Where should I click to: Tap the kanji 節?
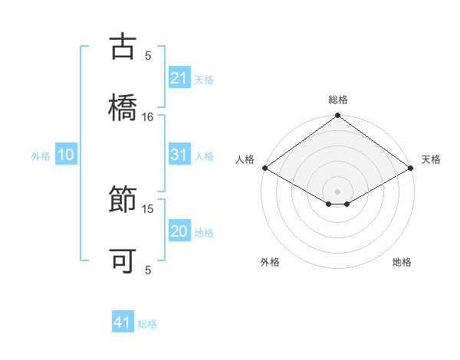tap(123, 201)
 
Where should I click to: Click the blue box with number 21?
tap(179, 78)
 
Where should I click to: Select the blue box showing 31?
tap(179, 155)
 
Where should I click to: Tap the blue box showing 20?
tap(179, 231)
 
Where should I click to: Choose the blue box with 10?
tap(66, 155)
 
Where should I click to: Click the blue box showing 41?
tap(123, 322)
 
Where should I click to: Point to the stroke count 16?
tap(148, 116)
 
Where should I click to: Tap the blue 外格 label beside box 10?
tap(41, 156)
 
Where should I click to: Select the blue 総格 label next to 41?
tap(147, 323)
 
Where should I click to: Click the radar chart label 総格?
tap(337, 100)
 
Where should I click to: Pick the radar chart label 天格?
tap(432, 159)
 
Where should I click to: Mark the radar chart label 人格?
tap(245, 159)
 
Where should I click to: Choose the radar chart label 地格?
tap(402, 262)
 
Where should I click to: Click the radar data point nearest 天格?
tap(411, 168)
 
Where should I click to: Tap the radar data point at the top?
tap(337, 116)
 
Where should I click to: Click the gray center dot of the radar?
tap(337, 191)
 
